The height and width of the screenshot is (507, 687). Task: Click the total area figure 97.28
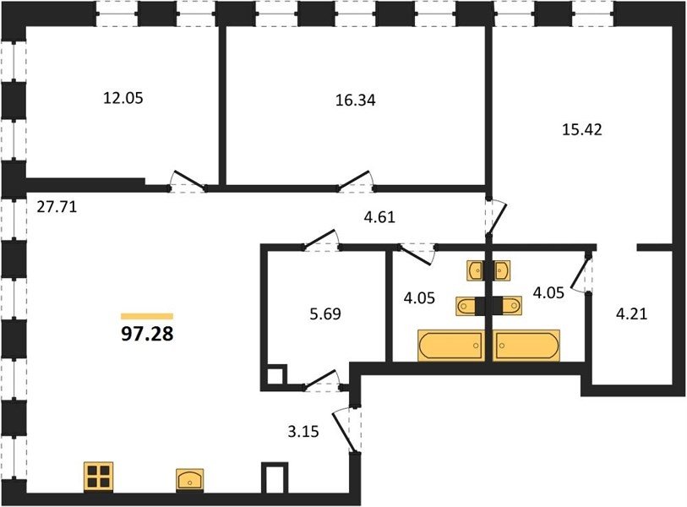147,334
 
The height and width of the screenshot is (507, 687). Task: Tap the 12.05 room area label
123,98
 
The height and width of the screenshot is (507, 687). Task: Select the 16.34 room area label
355,101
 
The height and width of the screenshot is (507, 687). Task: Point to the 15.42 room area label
582,130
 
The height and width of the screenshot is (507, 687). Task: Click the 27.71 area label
57,206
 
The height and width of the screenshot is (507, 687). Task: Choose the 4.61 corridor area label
380,217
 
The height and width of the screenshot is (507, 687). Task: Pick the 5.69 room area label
325,314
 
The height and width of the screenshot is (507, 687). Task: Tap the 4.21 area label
631,314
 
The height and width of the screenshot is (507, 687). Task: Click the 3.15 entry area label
303,432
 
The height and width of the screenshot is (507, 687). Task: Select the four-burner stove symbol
99,477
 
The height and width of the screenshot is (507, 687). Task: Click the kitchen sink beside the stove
190,479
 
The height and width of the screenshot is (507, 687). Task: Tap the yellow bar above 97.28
147,316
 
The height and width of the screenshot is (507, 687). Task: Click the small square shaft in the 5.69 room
276,375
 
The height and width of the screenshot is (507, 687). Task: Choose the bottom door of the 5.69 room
322,380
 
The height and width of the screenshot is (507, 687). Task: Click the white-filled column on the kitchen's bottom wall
275,478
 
